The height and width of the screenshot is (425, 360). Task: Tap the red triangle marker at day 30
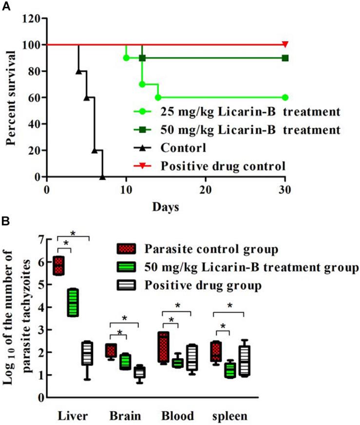[x=285, y=45]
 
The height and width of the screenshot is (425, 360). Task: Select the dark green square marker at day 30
[x=285, y=58]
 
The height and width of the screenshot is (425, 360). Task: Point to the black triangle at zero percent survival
[x=102, y=177]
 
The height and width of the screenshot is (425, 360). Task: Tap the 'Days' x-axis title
[x=166, y=207]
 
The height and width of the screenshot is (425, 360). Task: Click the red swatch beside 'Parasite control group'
[x=125, y=249]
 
